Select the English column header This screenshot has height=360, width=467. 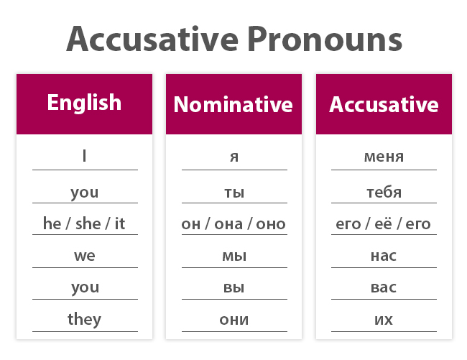[x=84, y=103]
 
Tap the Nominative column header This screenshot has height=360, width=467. [x=233, y=105]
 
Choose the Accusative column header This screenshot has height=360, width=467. [x=384, y=105]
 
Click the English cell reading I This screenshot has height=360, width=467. [x=84, y=156]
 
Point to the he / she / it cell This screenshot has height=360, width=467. [x=84, y=223]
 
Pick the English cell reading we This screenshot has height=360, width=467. [x=84, y=255]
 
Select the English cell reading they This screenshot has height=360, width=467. [x=84, y=319]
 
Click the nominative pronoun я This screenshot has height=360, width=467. [x=233, y=157]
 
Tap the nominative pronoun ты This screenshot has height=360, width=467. [x=233, y=192]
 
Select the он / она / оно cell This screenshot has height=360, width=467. [x=233, y=223]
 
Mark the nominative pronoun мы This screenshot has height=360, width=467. [x=233, y=255]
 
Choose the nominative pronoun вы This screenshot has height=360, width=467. [x=233, y=287]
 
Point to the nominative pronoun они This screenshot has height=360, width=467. [x=233, y=319]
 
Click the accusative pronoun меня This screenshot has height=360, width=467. [x=384, y=157]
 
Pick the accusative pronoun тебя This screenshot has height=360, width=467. [x=384, y=192]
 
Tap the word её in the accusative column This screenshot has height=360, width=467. [x=384, y=223]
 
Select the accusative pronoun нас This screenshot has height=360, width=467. [x=384, y=255]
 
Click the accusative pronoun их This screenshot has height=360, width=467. [x=384, y=319]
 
